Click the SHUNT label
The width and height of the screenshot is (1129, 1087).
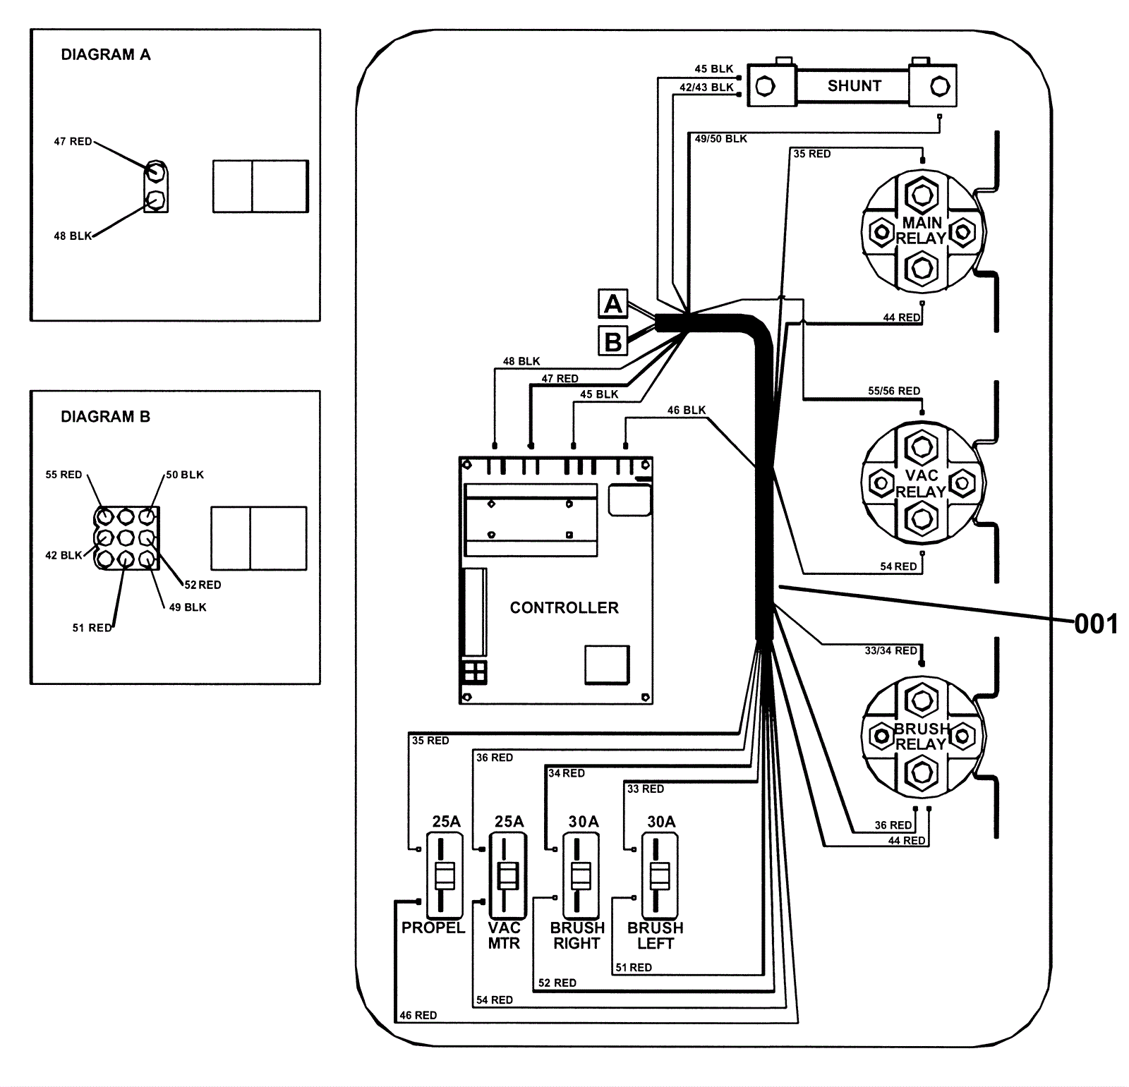tap(854, 86)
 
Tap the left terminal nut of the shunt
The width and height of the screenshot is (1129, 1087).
tap(765, 87)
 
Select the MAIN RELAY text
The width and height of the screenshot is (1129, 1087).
tap(922, 231)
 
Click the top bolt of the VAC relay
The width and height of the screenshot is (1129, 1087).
tap(921, 447)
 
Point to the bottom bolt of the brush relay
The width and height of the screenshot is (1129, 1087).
tap(921, 772)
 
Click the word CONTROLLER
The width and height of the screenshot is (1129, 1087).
tap(564, 607)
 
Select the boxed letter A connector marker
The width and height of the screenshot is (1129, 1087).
tap(612, 304)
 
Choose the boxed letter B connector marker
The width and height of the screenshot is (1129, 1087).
tap(612, 342)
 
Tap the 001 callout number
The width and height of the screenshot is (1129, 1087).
tap(1096, 624)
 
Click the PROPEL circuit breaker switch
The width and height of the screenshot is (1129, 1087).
tap(445, 875)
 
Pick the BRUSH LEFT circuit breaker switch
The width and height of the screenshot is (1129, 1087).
tap(659, 875)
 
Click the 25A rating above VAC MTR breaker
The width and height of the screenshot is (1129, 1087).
tap(509, 821)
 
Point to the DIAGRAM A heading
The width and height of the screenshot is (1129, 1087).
tap(106, 54)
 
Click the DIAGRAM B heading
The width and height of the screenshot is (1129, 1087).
tap(105, 416)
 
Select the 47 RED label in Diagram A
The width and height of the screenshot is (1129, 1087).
tap(73, 141)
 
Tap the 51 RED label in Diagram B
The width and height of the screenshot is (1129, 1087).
tap(92, 627)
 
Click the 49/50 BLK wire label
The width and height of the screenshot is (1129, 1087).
tap(720, 138)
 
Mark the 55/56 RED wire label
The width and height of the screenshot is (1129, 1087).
tap(894, 390)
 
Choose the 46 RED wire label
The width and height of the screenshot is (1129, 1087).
tap(418, 1015)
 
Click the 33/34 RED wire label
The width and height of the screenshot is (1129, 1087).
tap(891, 650)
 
